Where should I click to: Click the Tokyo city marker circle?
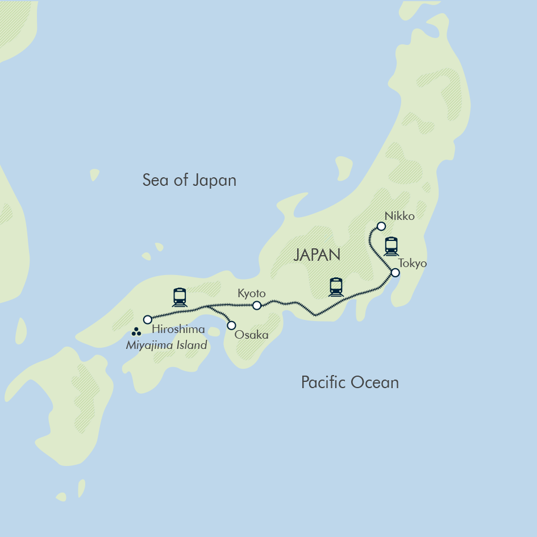[x=395, y=273]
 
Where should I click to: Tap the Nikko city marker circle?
[x=381, y=226]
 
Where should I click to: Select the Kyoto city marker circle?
[x=256, y=306]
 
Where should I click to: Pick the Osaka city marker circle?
[x=231, y=326]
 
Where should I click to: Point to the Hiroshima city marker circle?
[x=148, y=319]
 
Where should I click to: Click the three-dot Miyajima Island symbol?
[x=136, y=332]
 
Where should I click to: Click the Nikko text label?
[x=399, y=216]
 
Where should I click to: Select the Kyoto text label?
[x=251, y=293]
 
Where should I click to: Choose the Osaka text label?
[x=252, y=335]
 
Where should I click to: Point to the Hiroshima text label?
[x=178, y=330]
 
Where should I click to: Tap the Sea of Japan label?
[x=189, y=181]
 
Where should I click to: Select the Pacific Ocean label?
[x=349, y=382]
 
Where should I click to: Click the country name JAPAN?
[x=317, y=255]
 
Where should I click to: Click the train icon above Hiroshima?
[x=180, y=297]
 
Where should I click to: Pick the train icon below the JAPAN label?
[x=336, y=287]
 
